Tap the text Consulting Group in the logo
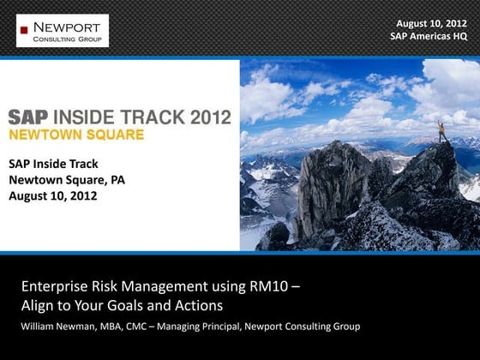[66, 39]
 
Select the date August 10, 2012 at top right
[433, 23]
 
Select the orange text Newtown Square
[76, 135]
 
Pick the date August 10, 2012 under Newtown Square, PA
[53, 195]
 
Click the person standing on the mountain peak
[442, 131]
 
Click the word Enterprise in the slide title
[53, 286]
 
